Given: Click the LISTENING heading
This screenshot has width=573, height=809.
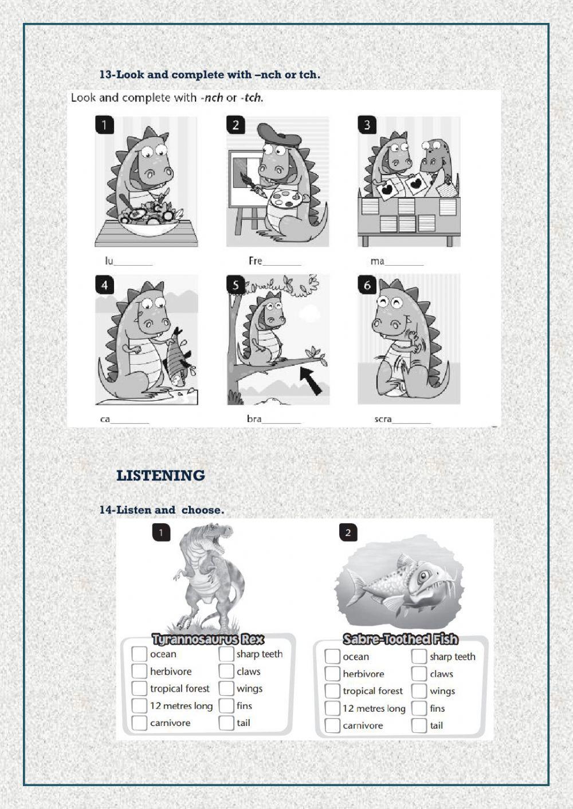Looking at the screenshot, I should coord(160,476).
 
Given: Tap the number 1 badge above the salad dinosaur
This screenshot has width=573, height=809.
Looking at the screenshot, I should coord(104,125).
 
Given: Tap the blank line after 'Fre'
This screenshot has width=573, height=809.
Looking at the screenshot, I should coord(282,264).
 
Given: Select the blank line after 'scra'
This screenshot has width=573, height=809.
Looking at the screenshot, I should coord(411,422).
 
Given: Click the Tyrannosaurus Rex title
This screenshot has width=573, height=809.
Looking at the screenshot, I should coord(208,639).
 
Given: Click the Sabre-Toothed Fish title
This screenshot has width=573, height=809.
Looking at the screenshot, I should coord(401,639).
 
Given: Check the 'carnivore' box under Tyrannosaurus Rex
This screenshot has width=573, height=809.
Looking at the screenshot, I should coord(139,723).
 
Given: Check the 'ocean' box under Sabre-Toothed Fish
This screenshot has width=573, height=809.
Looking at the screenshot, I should coord(332,657).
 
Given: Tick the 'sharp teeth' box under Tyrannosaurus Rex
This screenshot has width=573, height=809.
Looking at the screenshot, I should coord(226,654).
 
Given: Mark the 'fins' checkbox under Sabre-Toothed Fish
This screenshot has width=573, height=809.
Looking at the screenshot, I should coord(419,708).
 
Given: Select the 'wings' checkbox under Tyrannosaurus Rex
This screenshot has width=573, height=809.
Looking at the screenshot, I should coord(226,688).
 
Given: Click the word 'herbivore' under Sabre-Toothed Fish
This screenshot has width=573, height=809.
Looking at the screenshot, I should coord(363,674).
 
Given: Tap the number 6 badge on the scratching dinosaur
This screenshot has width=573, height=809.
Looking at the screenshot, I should coord(367,285).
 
